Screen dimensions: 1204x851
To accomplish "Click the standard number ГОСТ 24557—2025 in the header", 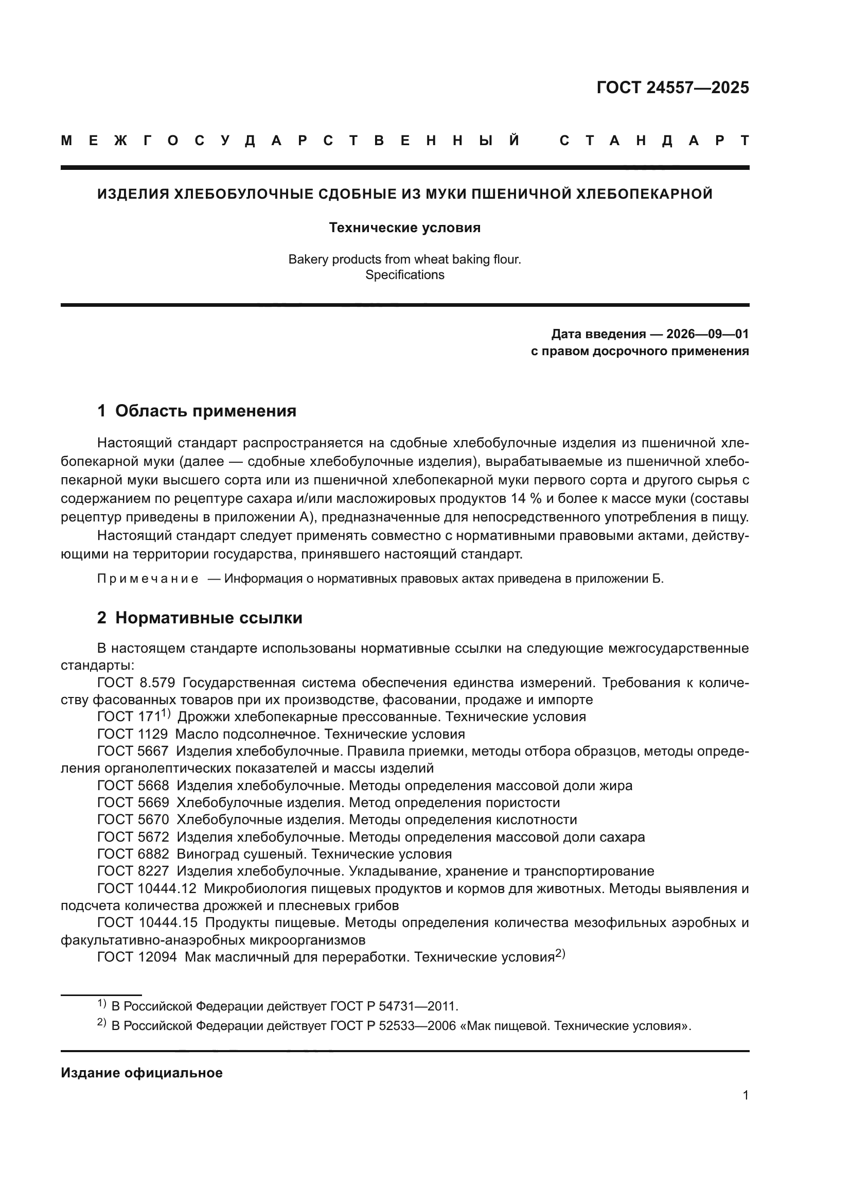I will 672,88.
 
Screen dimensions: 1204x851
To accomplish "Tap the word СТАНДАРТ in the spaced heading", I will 654,141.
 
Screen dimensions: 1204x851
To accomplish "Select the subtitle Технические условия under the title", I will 404,228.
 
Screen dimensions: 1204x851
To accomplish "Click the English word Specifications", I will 404,275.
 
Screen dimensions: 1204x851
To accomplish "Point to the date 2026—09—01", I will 707,334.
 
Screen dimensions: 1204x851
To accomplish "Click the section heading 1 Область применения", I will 197,411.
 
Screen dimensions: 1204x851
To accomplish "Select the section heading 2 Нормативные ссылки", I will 200,618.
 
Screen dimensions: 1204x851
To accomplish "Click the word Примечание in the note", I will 148,579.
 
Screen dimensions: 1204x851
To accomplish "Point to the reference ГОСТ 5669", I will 133,802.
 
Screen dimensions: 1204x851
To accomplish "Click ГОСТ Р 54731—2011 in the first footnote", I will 394,1006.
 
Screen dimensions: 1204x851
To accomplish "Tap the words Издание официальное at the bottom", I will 141,1073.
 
